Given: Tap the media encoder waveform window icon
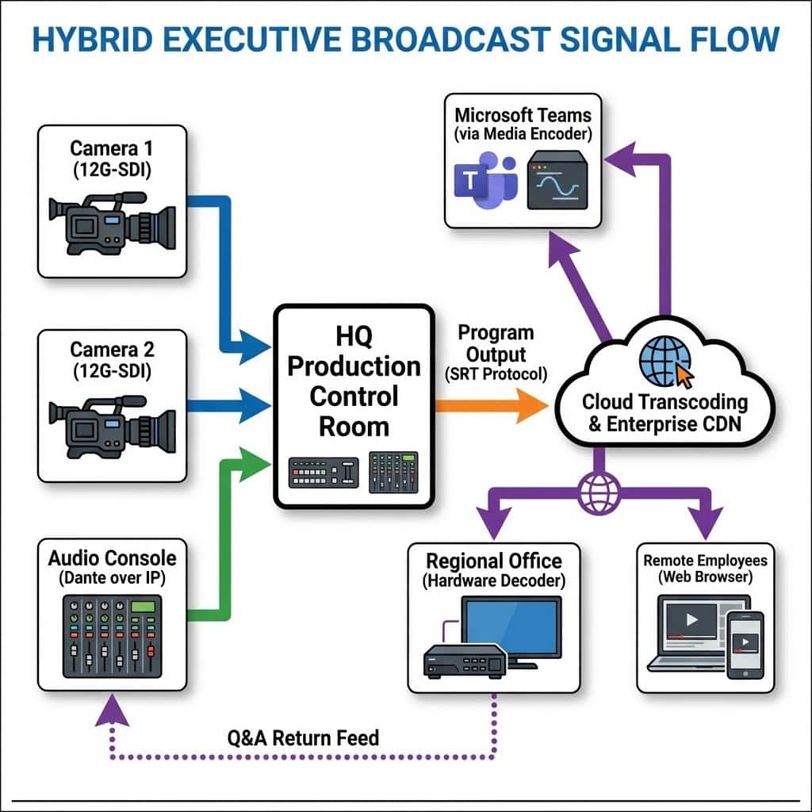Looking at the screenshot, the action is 557,180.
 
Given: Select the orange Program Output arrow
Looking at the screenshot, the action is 492,406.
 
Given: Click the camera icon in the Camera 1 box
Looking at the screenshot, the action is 113,223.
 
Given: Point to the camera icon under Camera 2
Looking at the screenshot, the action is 113,427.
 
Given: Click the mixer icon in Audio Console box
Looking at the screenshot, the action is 113,637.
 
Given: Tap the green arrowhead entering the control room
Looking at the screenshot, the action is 255,465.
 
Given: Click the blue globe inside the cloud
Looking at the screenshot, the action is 665,362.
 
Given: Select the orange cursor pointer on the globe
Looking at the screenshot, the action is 684,376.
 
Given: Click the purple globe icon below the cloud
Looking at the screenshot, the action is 599,493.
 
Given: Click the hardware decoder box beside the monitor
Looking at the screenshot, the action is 465,661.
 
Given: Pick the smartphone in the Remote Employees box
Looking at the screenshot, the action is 745,645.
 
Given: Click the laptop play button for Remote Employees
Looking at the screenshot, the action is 691,619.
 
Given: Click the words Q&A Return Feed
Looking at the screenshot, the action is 304,738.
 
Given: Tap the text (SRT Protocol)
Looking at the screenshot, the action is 496,374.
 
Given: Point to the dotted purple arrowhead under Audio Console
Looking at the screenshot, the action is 113,710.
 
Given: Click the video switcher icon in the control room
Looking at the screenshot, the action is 324,473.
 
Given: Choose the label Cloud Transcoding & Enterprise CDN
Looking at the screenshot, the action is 665,412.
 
